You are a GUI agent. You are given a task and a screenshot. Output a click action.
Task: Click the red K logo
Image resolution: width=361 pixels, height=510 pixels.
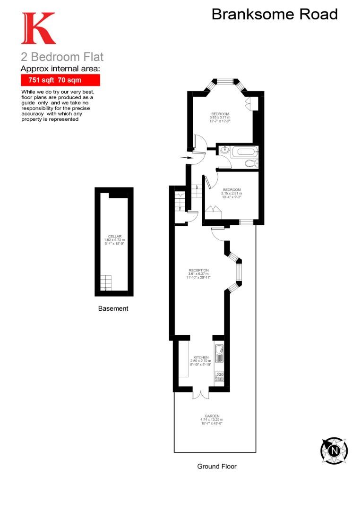click(x=38, y=29)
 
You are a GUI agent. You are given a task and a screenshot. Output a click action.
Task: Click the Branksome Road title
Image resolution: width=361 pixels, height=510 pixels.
click(x=274, y=14)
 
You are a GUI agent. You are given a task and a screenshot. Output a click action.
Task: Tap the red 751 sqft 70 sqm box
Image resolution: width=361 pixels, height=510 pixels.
click(x=60, y=80)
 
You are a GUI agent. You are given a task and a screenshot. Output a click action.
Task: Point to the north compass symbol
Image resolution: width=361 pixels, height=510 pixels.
click(x=334, y=450)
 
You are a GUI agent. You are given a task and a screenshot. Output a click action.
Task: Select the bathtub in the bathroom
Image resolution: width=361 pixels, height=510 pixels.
click(x=246, y=152)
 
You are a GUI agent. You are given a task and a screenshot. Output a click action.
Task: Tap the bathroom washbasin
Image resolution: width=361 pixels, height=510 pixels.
click(x=224, y=151)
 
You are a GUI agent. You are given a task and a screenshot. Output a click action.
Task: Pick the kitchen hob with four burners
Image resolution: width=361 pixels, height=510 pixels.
click(x=219, y=376)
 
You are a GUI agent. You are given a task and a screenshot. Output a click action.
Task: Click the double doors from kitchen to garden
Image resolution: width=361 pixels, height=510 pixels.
click(x=200, y=393)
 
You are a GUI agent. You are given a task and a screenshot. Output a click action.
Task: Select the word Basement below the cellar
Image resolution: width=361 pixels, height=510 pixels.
click(x=113, y=309)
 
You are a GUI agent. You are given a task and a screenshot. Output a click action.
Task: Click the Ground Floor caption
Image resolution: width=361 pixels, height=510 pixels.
click(x=216, y=466)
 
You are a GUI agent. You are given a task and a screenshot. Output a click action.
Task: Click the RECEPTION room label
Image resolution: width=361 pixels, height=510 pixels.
click(x=198, y=271)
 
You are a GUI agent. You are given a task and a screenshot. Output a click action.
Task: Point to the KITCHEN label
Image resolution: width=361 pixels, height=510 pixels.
click(x=201, y=357)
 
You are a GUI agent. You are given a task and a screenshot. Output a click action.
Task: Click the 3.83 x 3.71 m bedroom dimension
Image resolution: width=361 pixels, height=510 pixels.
click(x=220, y=118)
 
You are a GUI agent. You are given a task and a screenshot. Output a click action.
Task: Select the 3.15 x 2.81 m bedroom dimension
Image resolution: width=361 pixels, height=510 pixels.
click(x=231, y=193)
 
